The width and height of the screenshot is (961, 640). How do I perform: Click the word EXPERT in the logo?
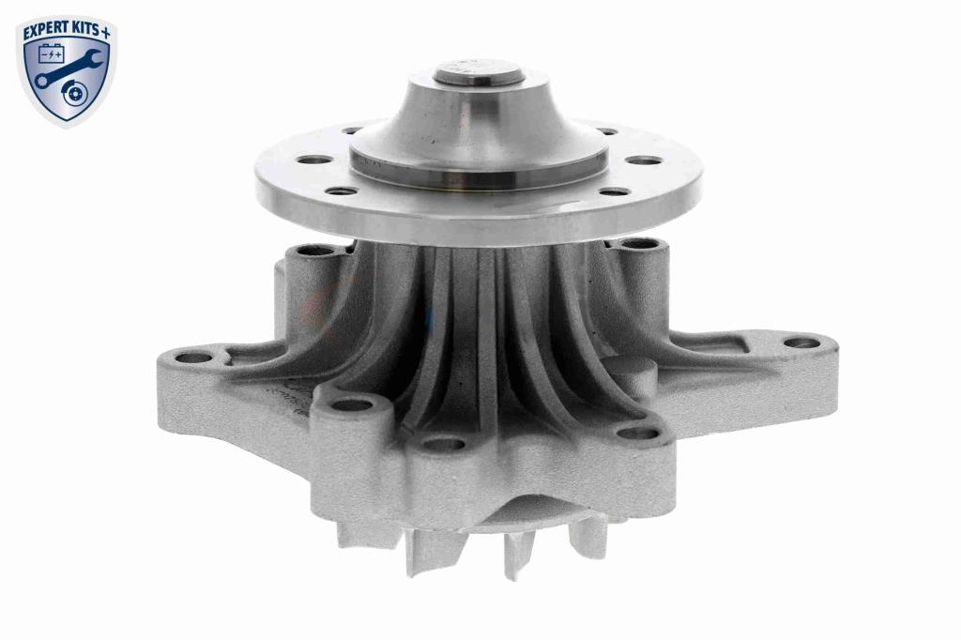point(44,32)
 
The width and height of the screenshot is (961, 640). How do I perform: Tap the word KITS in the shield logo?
point(84,32)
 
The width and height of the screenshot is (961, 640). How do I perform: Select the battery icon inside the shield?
point(51,53)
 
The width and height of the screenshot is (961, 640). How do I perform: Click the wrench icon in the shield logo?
point(67,69)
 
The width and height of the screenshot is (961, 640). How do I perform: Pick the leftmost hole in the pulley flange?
point(313,160)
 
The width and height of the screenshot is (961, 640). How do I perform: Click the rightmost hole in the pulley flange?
point(645,160)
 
